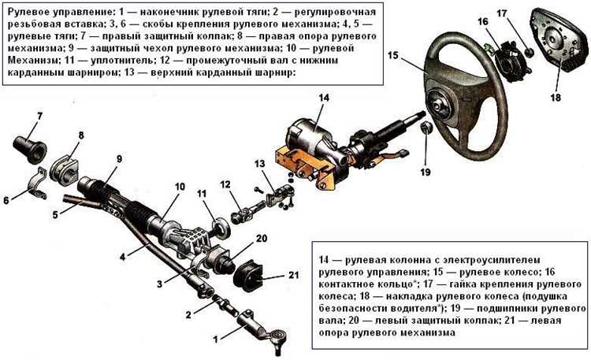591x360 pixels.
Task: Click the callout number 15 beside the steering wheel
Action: pyautogui.click(x=394, y=56)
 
